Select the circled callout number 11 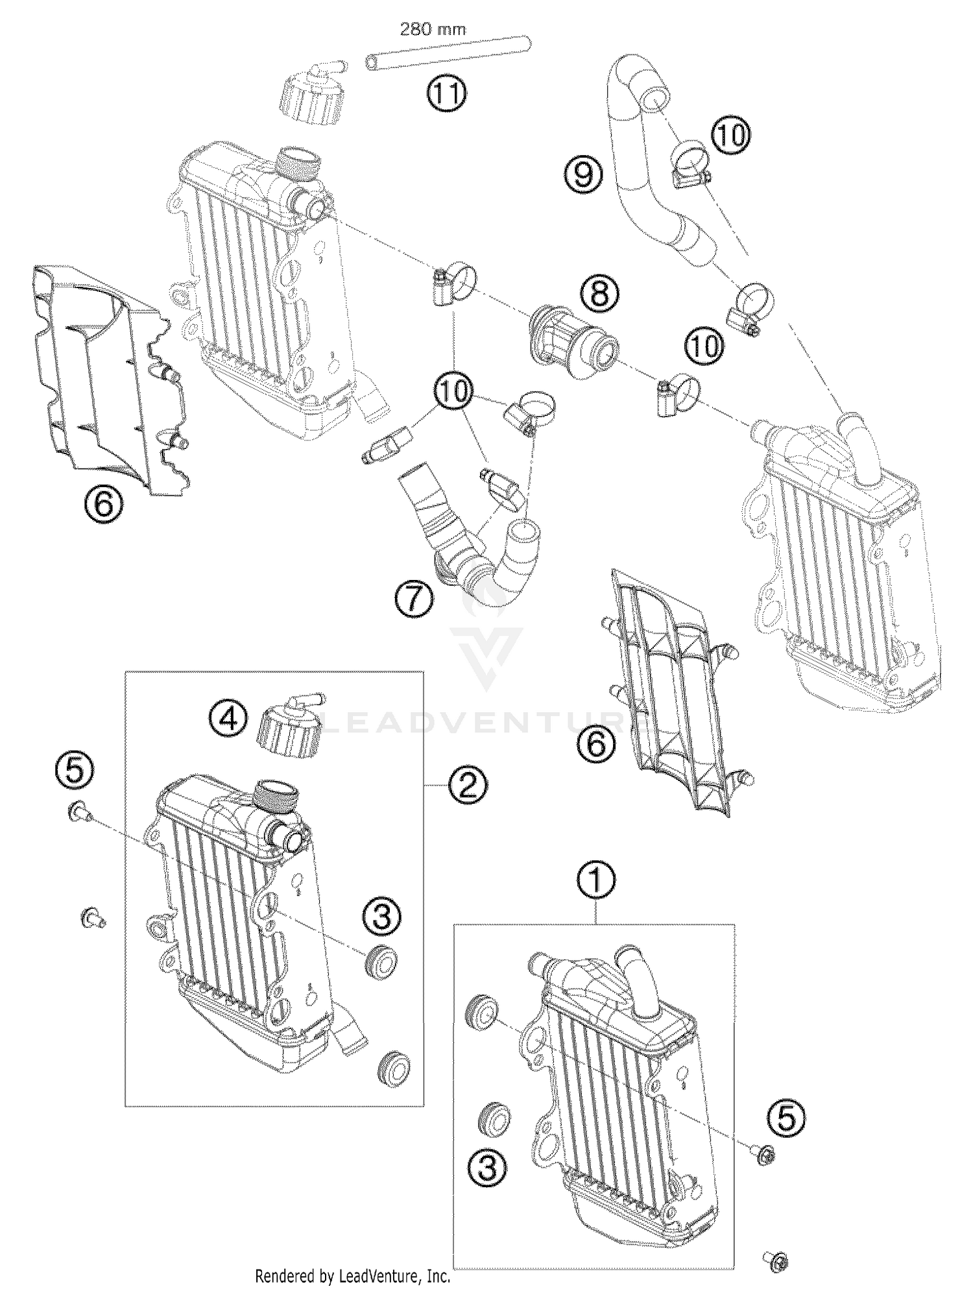click(x=446, y=95)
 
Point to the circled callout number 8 click(x=599, y=294)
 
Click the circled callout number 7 click(x=413, y=597)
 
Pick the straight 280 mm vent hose click(x=448, y=53)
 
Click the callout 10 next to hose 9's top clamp click(x=730, y=136)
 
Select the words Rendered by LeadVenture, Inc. click(x=352, y=1277)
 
